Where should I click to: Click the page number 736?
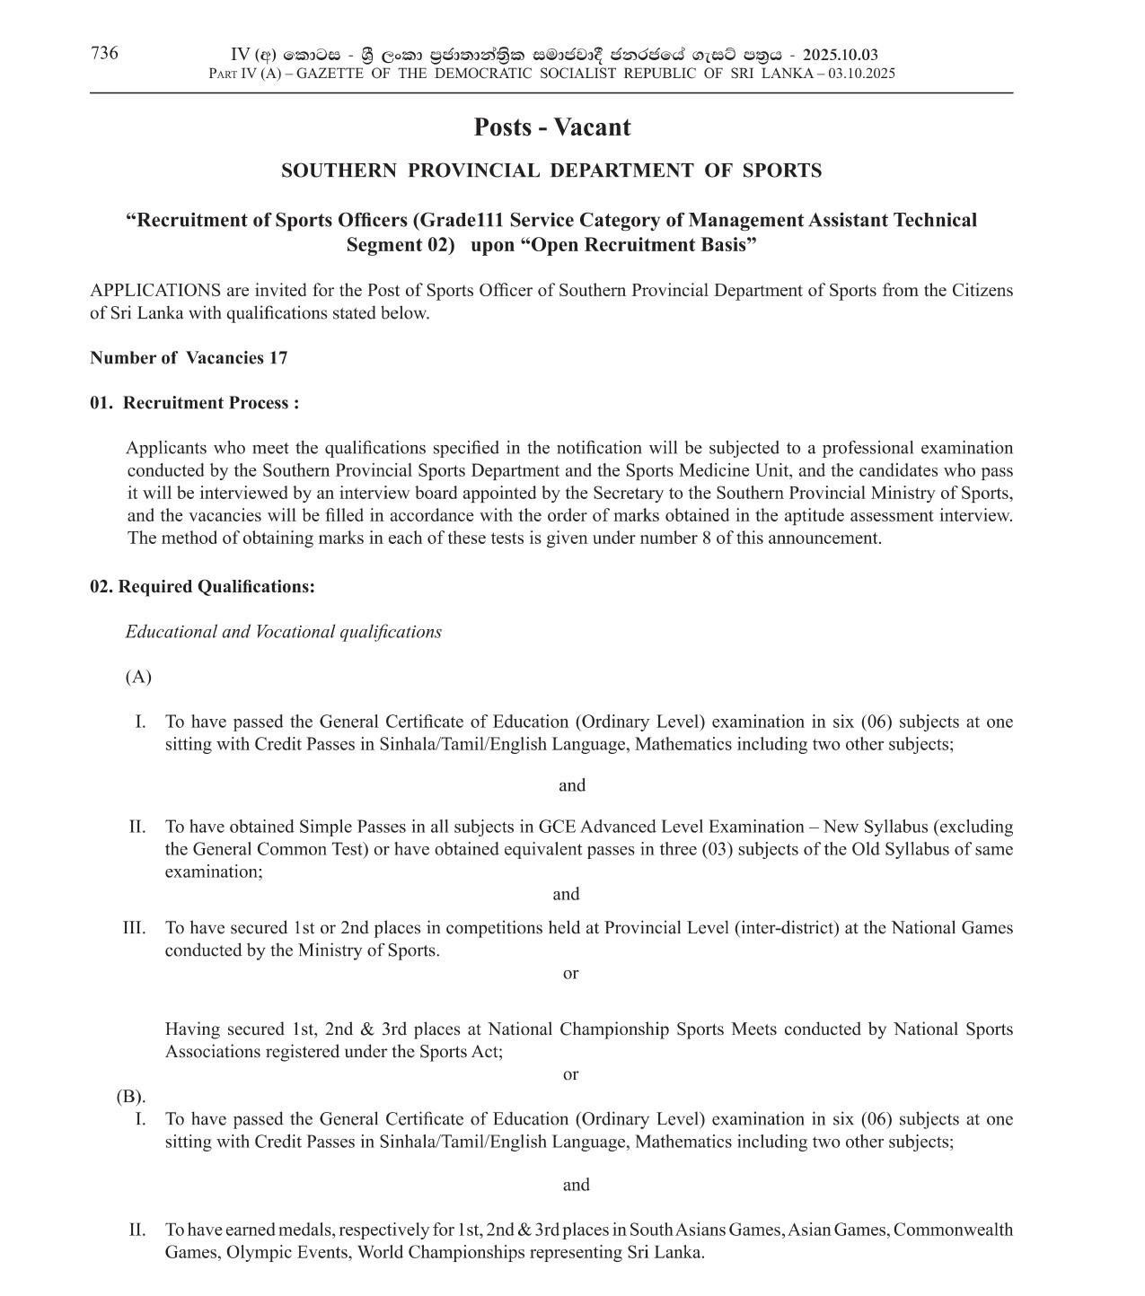click(x=104, y=53)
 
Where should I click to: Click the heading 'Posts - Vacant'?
click(x=551, y=127)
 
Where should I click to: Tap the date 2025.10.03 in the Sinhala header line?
click(x=841, y=55)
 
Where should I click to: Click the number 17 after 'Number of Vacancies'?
click(x=278, y=358)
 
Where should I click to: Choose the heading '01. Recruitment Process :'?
click(x=195, y=403)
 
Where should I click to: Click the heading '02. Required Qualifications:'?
click(x=202, y=587)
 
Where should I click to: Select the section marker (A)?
click(x=138, y=677)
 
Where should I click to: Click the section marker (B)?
click(x=130, y=1096)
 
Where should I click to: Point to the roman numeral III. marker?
click(x=134, y=928)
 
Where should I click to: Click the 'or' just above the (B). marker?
click(x=570, y=1074)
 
